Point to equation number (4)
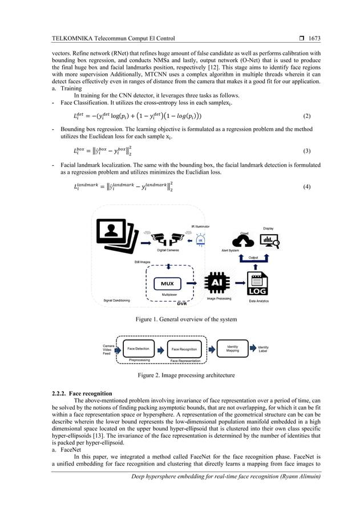[306, 186]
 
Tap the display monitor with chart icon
[268, 240]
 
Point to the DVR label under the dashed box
[167, 304]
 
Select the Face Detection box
[139, 349]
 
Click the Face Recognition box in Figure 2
[184, 349]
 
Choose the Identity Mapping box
[232, 348]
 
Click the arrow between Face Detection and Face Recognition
[161, 349]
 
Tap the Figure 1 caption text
[181, 319]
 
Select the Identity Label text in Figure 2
[263, 349]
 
